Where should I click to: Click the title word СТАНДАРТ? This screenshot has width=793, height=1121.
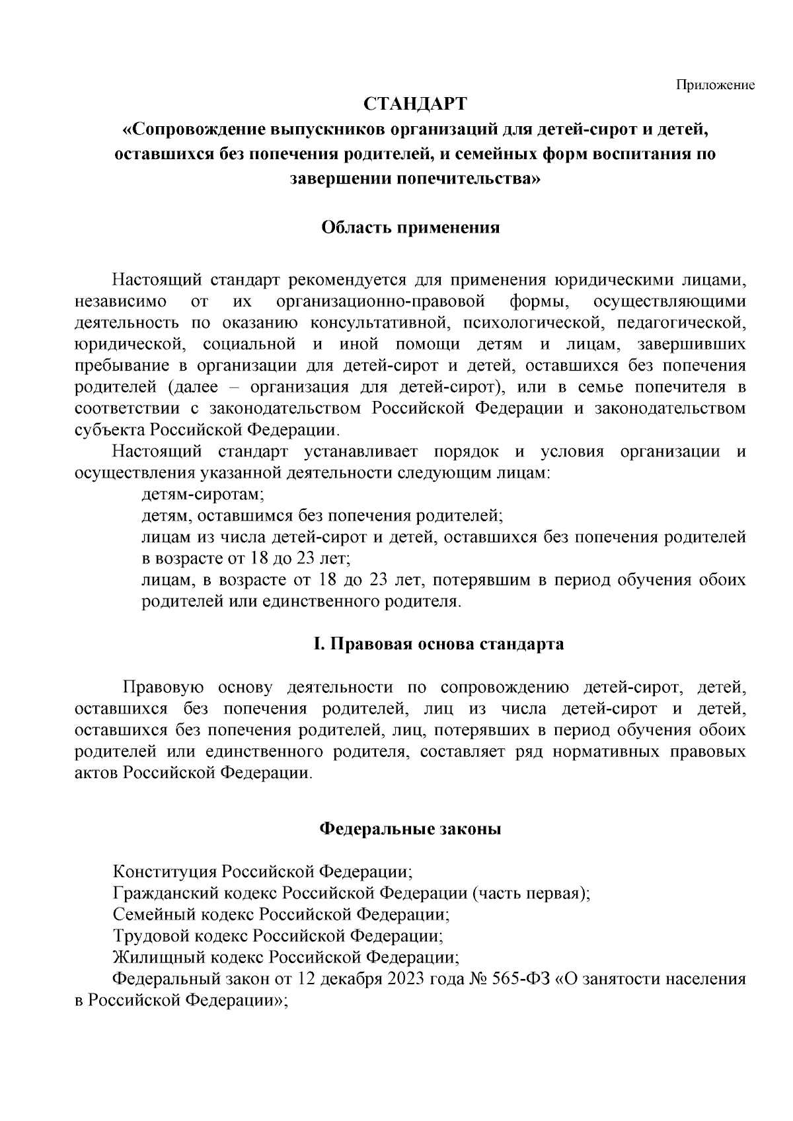pos(416,104)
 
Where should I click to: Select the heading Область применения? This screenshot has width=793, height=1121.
pos(410,228)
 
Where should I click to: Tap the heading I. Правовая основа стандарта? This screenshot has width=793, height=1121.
pos(439,645)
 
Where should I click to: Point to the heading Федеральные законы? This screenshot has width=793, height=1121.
pos(410,829)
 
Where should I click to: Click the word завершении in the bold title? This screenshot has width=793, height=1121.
pos(333,179)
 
